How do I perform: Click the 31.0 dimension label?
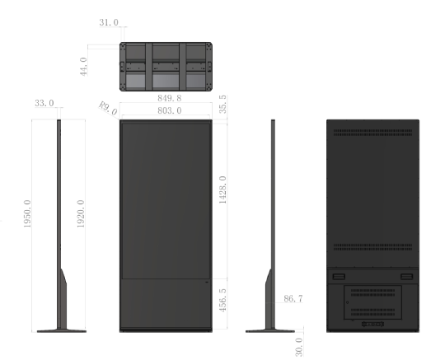coord(109,22)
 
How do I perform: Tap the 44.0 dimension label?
coord(83,67)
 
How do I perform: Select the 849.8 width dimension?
coord(170,98)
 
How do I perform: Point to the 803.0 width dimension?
coord(170,110)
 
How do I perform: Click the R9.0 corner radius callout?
coord(108,108)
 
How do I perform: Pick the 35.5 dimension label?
coord(223,104)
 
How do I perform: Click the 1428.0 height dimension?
coord(223,189)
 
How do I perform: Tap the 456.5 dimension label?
coord(223,300)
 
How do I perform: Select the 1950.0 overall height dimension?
coord(27,213)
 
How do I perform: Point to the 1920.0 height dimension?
coord(81,213)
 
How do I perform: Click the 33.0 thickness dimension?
coord(44,103)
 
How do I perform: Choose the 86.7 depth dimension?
coord(293,299)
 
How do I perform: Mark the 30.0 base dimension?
coord(299,347)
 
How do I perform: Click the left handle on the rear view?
coord(339,277)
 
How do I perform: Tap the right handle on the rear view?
coord(407,277)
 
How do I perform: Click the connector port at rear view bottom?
coord(373,324)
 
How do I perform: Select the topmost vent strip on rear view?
coord(373,131)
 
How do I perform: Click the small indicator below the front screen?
coord(207,282)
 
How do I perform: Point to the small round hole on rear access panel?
coord(348,302)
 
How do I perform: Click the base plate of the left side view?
coord(62,331)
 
